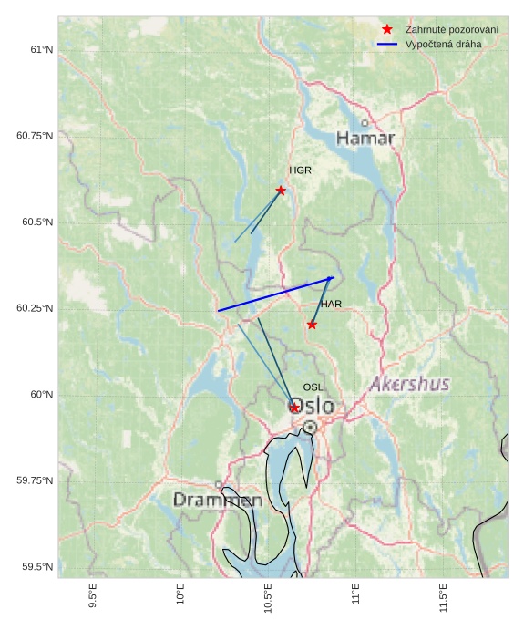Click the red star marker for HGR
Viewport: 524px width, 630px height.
(x=281, y=191)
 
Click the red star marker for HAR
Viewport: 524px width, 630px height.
(x=312, y=325)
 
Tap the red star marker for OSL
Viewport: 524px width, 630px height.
(x=294, y=408)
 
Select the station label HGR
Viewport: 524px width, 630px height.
(x=301, y=170)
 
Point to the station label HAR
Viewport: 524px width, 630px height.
(x=331, y=304)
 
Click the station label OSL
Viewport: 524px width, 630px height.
(x=313, y=387)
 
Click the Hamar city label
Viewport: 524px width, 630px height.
(x=365, y=139)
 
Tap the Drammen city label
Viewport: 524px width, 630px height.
(x=218, y=501)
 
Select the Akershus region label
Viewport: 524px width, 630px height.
(x=410, y=384)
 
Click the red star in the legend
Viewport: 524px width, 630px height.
(x=387, y=30)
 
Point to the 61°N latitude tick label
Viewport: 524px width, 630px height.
(x=41, y=49)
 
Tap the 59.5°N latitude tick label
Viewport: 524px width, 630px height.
(x=37, y=567)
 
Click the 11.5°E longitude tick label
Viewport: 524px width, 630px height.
(x=444, y=596)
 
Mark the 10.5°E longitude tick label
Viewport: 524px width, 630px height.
(x=268, y=596)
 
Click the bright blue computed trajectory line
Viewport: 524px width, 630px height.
(x=276, y=294)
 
